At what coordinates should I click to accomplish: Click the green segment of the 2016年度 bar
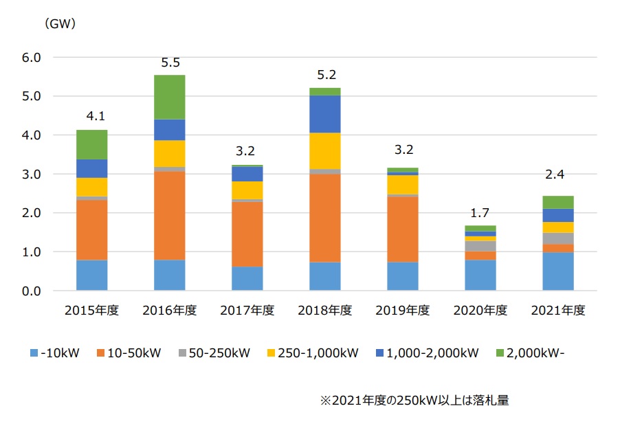click(x=170, y=97)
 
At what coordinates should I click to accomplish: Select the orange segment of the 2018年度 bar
click(x=325, y=218)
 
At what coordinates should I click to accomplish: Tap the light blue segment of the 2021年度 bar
click(x=557, y=271)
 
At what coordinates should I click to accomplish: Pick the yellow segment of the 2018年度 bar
click(x=325, y=150)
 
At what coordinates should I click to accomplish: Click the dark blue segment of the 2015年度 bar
click(x=91, y=168)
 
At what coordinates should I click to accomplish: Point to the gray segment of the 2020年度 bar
click(x=480, y=246)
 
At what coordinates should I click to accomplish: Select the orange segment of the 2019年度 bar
click(x=403, y=229)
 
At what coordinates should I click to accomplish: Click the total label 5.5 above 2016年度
click(x=170, y=63)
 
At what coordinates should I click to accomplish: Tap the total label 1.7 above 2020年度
click(x=480, y=214)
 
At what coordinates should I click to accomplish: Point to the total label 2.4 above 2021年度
click(x=557, y=184)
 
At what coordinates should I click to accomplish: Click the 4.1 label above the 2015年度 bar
click(x=91, y=117)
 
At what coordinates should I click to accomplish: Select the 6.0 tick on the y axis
click(x=32, y=58)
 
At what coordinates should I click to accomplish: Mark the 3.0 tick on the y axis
click(x=32, y=175)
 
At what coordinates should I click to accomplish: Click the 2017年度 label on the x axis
click(x=247, y=311)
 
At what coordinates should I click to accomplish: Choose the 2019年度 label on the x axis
click(x=403, y=311)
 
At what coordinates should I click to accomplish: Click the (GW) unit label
click(x=60, y=24)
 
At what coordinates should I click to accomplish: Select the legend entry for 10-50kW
click(x=128, y=353)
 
